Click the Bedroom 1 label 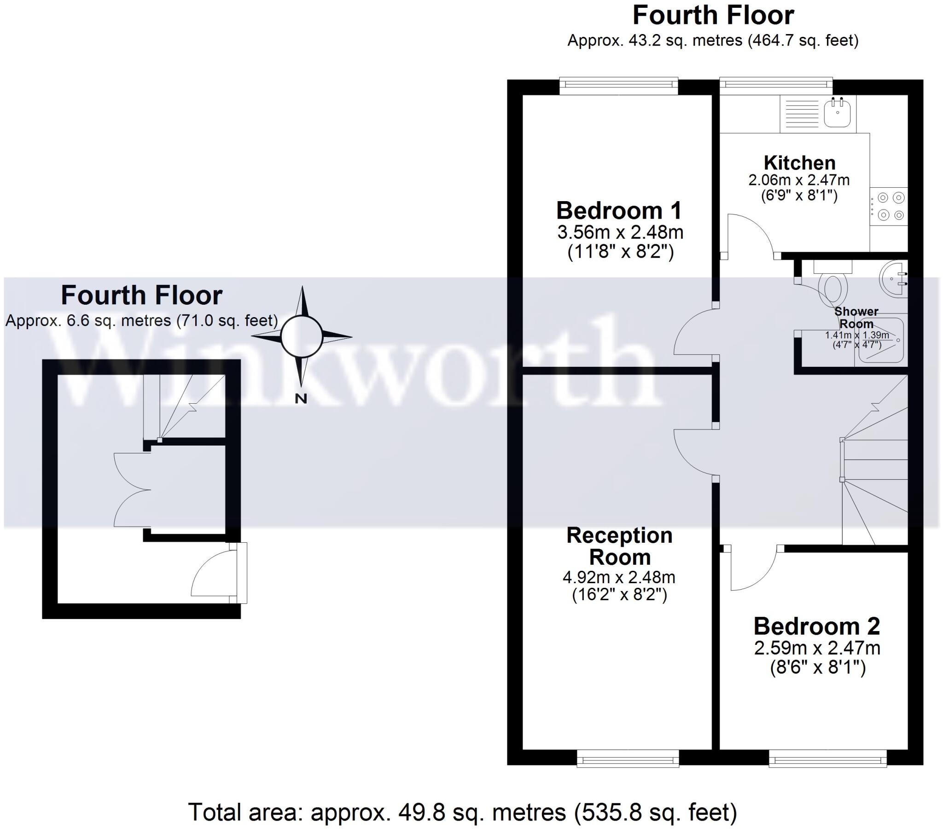pos(619,211)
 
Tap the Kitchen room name pos(799,163)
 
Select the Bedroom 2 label pos(816,626)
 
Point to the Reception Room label pos(619,546)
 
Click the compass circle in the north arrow pos(302,336)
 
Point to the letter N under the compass pos(301,399)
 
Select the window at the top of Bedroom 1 pos(619,85)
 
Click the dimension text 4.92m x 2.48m pos(619,577)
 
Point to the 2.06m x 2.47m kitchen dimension pos(798,180)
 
